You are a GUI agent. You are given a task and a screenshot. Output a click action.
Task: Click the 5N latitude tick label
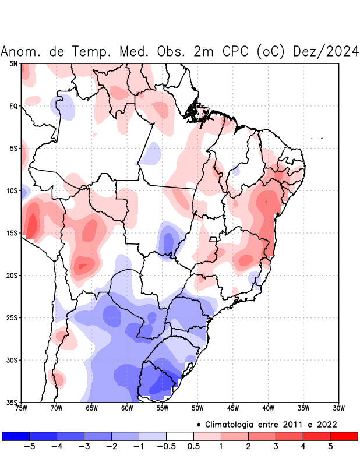[x=13, y=63]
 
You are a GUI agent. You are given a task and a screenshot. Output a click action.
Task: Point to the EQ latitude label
[x=13, y=106]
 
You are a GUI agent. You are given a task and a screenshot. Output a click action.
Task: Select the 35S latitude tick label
[x=12, y=403]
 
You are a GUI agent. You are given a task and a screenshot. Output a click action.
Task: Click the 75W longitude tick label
[x=21, y=408]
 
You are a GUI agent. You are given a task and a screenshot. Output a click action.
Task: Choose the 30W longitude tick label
[x=338, y=408]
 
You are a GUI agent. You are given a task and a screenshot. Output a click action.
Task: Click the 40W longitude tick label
[x=268, y=408]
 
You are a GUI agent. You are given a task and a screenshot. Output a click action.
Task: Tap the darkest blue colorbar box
[x=16, y=436]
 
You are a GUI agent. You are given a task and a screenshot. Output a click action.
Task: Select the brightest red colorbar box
[x=344, y=436]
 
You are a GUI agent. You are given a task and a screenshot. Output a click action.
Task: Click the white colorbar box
[x=180, y=436]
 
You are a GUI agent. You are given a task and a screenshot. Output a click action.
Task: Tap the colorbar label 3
[x=276, y=447]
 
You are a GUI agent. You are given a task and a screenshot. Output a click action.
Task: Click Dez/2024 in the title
[x=326, y=51]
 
